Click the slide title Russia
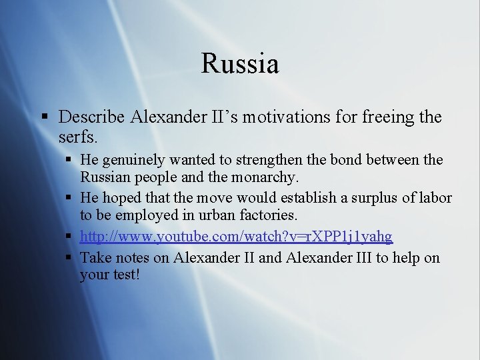tap(239, 64)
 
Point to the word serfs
tap(78, 137)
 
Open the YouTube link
tap(236, 237)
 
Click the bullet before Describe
tap(45, 118)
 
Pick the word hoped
tap(119, 199)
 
